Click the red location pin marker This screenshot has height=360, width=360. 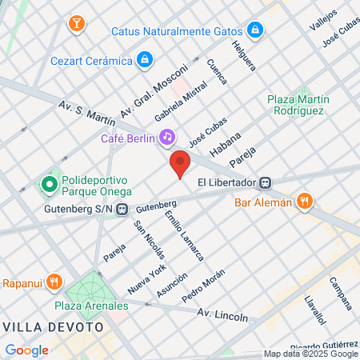point(180,164)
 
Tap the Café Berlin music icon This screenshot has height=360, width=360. point(166,138)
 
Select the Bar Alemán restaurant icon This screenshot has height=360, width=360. point(304,202)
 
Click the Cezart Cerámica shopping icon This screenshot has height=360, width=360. point(144,59)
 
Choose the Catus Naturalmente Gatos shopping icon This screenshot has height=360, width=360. point(255,30)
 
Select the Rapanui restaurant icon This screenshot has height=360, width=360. point(54,282)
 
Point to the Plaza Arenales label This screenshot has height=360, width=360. point(91,306)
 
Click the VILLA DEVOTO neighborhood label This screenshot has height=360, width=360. point(54,326)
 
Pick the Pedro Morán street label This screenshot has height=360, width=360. point(204,286)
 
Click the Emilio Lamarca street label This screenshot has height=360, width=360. point(184,236)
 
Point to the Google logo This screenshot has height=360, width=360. point(26,350)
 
